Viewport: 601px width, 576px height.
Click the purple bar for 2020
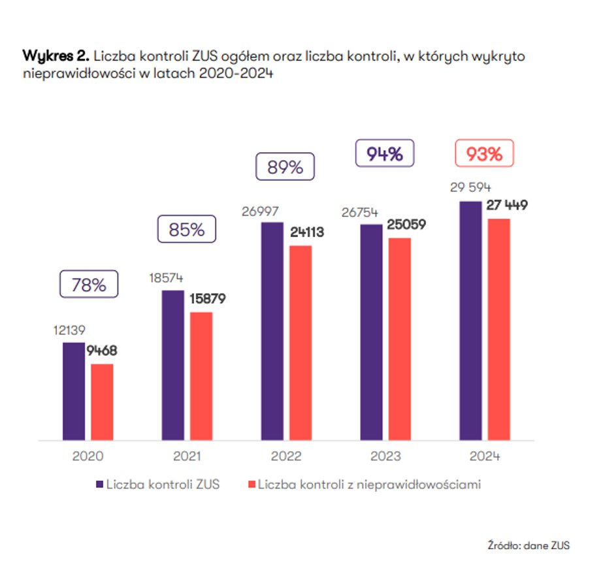click(x=74, y=391)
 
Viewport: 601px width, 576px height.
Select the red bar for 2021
click(x=201, y=376)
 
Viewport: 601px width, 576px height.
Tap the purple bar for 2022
click(x=272, y=331)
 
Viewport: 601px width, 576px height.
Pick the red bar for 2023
click(x=400, y=338)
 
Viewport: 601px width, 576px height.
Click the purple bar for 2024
click(x=471, y=320)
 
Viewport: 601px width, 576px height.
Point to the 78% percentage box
click(x=89, y=284)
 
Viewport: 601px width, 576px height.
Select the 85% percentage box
click(x=186, y=230)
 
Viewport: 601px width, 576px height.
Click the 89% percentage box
click(x=285, y=167)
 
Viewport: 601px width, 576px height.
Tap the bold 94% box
click(x=384, y=154)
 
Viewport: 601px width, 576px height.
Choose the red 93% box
click(x=484, y=154)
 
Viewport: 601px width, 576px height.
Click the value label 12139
click(x=69, y=330)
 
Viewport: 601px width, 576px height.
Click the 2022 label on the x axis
click(x=285, y=456)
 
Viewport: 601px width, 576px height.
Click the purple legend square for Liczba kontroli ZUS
click(x=99, y=485)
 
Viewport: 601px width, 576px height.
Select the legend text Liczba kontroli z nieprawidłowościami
click(x=369, y=485)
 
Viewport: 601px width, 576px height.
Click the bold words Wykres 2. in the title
click(x=56, y=56)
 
